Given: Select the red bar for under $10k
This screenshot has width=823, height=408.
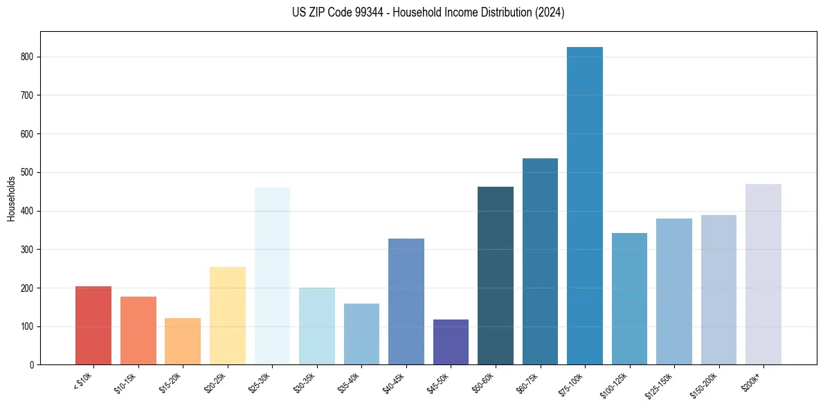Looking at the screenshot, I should point(93,325).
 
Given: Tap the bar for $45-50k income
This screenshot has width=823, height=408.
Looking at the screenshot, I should point(451,342).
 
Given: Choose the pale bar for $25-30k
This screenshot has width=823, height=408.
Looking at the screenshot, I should point(272,276).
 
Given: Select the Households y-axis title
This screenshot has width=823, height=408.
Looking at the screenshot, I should point(11,198).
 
